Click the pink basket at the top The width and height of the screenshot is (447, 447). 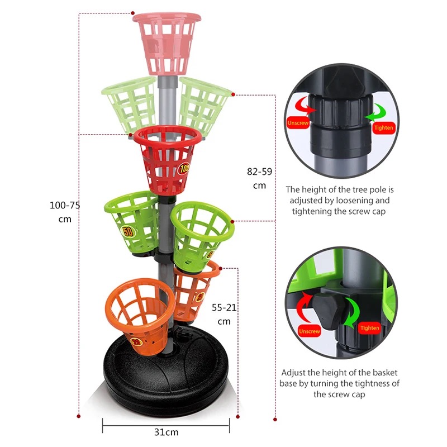click(x=167, y=43)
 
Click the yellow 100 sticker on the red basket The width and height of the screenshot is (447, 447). click(x=184, y=169)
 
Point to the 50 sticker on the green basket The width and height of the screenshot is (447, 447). click(x=128, y=231)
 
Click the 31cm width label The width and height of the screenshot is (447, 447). click(x=167, y=432)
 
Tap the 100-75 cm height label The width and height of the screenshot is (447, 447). click(x=65, y=212)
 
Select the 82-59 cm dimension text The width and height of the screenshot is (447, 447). click(x=259, y=178)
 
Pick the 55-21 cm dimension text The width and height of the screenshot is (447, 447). click(x=225, y=315)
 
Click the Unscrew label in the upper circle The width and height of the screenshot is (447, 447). click(x=298, y=123)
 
